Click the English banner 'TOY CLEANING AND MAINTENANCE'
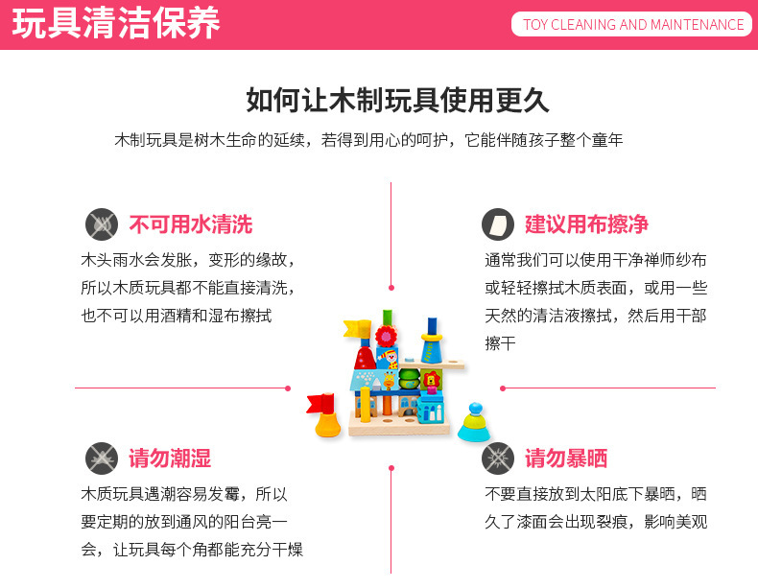point(633,25)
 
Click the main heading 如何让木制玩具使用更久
point(397,100)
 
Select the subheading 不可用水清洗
point(190,224)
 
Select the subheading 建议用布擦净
point(586,224)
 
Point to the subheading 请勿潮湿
point(170,458)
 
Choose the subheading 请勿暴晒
point(566,458)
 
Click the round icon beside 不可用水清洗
point(102,224)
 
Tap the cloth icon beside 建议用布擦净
point(497,224)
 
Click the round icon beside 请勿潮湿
point(102,458)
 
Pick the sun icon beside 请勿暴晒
point(497,458)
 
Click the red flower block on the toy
point(386,337)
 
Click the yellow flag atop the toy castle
point(355,329)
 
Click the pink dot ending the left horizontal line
point(288,388)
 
